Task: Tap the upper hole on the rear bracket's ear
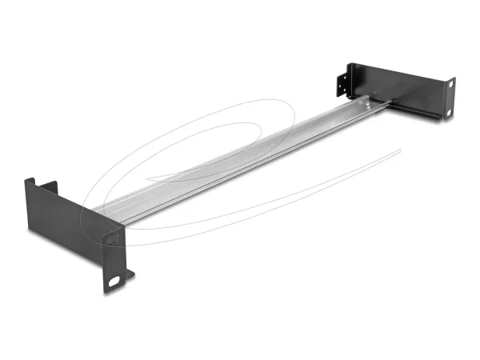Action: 451,83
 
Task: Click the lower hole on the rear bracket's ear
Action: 450,111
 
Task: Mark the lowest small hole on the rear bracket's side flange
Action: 342,92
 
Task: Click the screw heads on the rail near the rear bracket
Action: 367,101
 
